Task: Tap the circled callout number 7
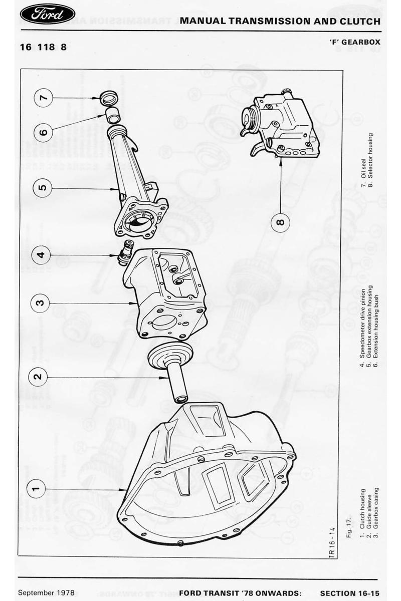43,98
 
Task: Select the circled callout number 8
280,222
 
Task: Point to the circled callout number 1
37,489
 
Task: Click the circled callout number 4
41,254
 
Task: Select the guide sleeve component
170,372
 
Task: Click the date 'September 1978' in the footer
46,592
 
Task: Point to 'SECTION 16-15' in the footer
350,593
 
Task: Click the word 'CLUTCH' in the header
360,21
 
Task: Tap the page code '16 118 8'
43,47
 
